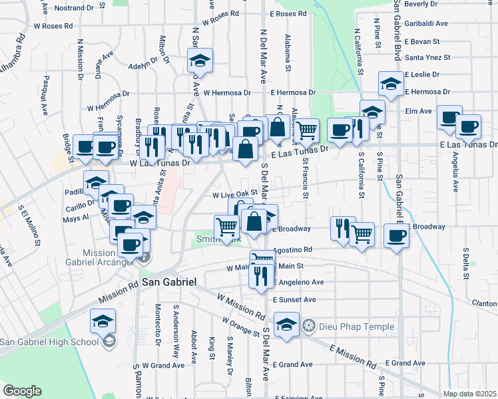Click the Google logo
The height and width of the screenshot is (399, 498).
click(22, 391)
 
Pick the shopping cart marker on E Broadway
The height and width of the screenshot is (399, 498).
click(362, 233)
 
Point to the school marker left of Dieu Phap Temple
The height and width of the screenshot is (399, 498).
click(286, 325)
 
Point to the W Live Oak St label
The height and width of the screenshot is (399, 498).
click(235, 195)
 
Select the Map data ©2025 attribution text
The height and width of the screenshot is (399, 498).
click(469, 394)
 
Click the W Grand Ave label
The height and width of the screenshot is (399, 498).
click(162, 365)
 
